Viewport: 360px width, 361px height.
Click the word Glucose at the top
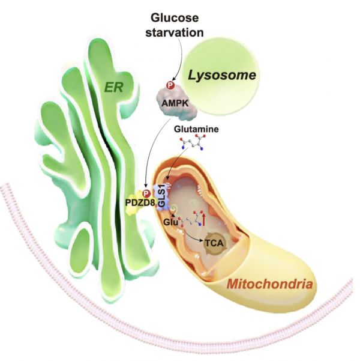point(175,18)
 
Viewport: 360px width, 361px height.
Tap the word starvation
point(175,32)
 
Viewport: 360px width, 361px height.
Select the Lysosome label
point(222,76)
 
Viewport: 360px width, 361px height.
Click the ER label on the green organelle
point(113,88)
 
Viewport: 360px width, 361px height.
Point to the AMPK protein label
point(175,103)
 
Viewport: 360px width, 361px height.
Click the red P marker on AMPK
point(170,86)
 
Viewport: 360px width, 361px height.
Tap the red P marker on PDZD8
point(146,193)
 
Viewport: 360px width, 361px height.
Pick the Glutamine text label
point(196,129)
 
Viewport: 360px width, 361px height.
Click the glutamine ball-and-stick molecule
point(193,143)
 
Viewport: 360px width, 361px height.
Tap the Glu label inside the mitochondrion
point(170,222)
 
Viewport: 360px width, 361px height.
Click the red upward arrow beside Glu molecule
point(203,219)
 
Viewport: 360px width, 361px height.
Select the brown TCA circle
point(214,243)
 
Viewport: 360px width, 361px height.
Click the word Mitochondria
point(269,284)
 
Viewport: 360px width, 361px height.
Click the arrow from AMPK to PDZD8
point(154,152)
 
